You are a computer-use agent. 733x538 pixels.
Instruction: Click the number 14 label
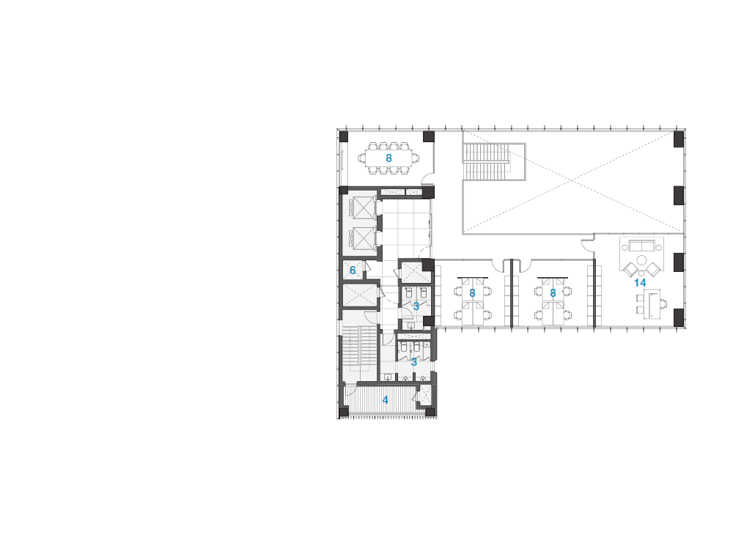tap(640, 283)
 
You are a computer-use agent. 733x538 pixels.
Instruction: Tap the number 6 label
tap(353, 270)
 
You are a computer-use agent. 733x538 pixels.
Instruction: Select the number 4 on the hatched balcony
tap(386, 400)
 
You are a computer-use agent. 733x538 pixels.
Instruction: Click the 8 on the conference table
tap(388, 158)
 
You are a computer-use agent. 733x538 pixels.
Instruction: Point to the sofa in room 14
tap(642, 246)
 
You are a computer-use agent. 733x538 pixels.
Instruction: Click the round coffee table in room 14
tap(642, 260)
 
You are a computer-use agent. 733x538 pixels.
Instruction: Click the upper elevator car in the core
tap(364, 208)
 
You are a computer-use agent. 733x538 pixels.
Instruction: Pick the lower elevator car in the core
tap(364, 238)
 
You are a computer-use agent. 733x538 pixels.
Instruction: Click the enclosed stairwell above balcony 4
tap(359, 348)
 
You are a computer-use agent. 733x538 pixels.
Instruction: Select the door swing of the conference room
tap(427, 177)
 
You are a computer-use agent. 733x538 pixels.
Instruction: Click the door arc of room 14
tap(587, 245)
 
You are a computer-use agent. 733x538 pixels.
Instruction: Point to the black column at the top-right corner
tap(679, 139)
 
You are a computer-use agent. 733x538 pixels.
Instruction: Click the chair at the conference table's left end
tap(362, 158)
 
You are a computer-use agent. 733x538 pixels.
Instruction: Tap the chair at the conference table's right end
tap(416, 158)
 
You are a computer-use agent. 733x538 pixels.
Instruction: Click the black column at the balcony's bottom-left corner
tap(344, 412)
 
